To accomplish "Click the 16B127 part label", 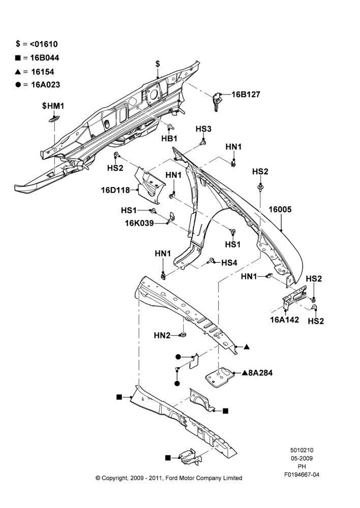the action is pos(246,94).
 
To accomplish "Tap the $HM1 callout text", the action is pos(53,106).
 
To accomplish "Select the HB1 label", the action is pos(170,138).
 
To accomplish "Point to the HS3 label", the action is pos(203,129).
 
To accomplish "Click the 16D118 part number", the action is pos(115,190).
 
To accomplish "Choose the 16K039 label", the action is pos(139,223).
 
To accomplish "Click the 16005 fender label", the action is pos(280,209).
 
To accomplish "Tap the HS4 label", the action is pos(229,263).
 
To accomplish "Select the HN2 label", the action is pos(162,336).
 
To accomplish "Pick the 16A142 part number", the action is pos(284,320).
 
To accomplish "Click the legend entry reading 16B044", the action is pos(45,58).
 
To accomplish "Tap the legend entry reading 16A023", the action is pos(46,84).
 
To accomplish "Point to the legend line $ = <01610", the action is pos(37,44).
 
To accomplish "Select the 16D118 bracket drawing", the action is pos(149,185).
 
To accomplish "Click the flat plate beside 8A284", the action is pos(220,377).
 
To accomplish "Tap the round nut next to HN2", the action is pos(183,335).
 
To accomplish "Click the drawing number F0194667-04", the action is pos(302,474).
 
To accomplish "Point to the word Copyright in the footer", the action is pos(115,478).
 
